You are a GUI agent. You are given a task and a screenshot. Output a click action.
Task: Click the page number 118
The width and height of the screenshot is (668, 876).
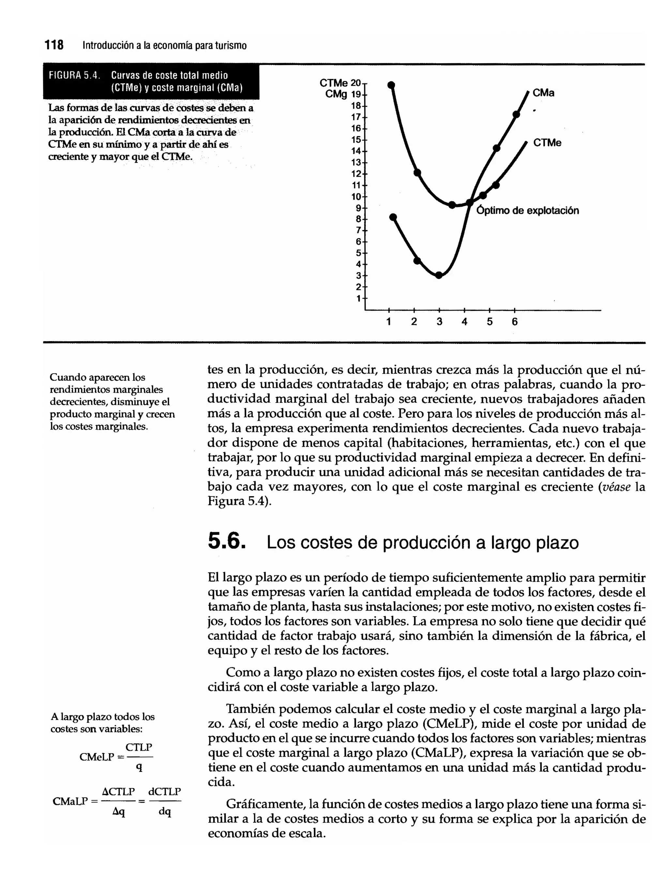pyautogui.click(x=54, y=45)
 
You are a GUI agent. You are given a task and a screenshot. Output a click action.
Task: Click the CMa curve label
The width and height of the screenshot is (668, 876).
pyautogui.click(x=543, y=93)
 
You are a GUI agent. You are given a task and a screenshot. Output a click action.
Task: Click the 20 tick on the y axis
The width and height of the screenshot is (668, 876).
pyautogui.click(x=356, y=83)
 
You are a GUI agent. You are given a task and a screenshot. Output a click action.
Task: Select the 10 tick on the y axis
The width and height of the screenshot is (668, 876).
pyautogui.click(x=356, y=197)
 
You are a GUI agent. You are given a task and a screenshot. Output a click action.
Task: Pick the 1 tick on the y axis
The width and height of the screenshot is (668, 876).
pyautogui.click(x=359, y=298)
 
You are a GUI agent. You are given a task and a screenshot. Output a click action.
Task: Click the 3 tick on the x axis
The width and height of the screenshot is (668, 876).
pyautogui.click(x=439, y=322)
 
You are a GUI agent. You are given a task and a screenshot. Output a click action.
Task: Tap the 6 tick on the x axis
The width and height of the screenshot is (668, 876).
pyautogui.click(x=514, y=322)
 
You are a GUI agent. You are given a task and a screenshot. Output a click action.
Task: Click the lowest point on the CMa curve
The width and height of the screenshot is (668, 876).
pyautogui.click(x=439, y=275)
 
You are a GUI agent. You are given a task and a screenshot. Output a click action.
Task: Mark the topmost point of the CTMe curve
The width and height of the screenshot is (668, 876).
pyautogui.click(x=391, y=85)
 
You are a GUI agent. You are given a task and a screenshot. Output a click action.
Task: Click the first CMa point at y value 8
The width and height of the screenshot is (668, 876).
pyautogui.click(x=393, y=217)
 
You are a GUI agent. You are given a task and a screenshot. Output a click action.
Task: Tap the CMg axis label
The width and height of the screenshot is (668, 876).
pyautogui.click(x=336, y=94)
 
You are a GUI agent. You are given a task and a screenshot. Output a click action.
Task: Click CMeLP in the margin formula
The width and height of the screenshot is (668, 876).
pyautogui.click(x=97, y=757)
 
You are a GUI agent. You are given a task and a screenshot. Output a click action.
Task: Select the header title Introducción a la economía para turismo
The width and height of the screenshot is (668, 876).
pyautogui.click(x=165, y=46)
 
